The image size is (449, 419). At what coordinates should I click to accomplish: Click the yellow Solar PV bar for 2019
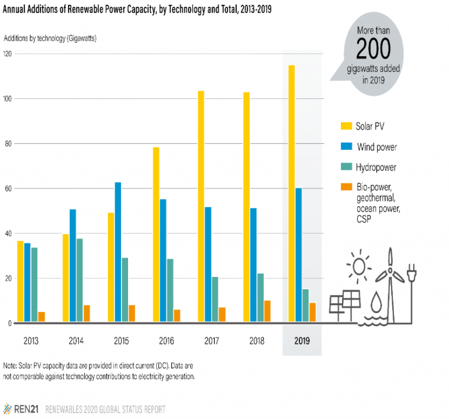click(x=291, y=194)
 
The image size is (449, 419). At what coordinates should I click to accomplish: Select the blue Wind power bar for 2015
click(x=118, y=252)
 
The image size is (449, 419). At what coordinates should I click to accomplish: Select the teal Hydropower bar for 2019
click(x=305, y=305)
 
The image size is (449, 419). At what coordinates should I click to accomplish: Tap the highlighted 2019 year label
click(x=302, y=341)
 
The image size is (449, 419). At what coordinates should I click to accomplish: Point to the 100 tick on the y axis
click(x=8, y=98)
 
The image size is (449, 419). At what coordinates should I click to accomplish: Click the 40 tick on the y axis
click(x=8, y=233)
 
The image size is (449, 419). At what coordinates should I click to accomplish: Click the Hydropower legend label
click(x=376, y=167)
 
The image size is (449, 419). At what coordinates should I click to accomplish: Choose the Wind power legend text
click(x=377, y=146)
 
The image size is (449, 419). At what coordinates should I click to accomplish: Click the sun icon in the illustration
click(x=359, y=267)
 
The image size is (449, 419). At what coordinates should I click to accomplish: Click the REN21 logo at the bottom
click(x=21, y=408)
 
